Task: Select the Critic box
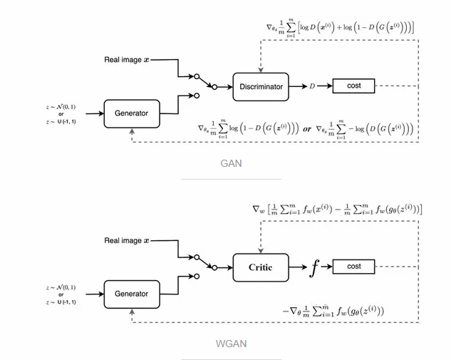pos(261,267)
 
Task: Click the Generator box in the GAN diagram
pos(131,113)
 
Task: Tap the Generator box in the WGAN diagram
pos(131,293)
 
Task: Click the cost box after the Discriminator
pos(354,86)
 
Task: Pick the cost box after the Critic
pos(354,267)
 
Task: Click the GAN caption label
pos(230,163)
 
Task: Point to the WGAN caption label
pos(230,344)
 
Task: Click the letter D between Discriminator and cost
pos(311,87)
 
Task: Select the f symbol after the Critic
pos(314,267)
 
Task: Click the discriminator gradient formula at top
pos(340,28)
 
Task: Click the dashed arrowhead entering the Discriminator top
pos(261,70)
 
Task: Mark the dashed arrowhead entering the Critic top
pos(261,250)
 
